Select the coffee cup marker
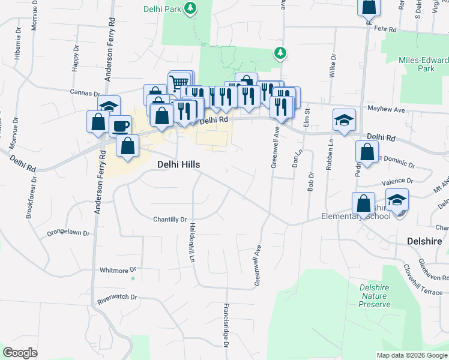click(x=120, y=126)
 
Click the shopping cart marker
click(x=178, y=83)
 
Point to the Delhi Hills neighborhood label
click(x=178, y=164)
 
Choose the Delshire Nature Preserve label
click(x=375, y=296)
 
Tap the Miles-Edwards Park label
click(x=424, y=64)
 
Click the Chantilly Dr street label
click(x=170, y=220)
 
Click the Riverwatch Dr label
click(x=117, y=297)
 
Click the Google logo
click(x=20, y=353)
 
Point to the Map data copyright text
click(x=412, y=355)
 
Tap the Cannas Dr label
click(x=85, y=93)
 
